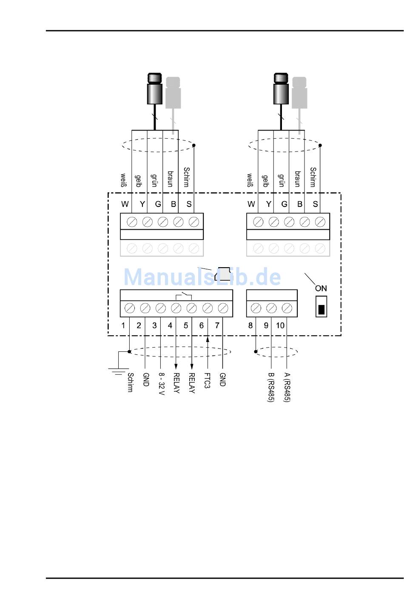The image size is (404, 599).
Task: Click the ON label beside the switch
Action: (x=321, y=288)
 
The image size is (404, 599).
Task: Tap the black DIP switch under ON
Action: (x=321, y=309)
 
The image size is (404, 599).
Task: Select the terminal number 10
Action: (x=280, y=325)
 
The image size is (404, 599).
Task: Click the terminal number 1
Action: (x=123, y=325)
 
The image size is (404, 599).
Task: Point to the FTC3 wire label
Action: (x=207, y=381)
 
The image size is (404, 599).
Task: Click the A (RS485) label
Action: (x=287, y=387)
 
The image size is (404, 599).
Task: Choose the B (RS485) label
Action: (x=271, y=387)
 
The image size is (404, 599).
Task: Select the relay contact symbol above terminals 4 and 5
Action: (x=184, y=295)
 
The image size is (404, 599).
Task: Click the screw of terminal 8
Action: (x=256, y=308)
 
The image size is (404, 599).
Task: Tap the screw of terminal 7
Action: (x=223, y=308)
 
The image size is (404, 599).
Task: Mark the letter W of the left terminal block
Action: (x=125, y=204)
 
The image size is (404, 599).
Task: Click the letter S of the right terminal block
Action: (x=315, y=204)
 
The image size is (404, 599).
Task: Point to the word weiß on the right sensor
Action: (x=250, y=180)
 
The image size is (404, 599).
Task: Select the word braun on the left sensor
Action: (x=170, y=179)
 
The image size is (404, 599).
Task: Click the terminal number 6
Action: (x=202, y=325)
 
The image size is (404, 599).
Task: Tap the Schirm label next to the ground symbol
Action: (x=131, y=382)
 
